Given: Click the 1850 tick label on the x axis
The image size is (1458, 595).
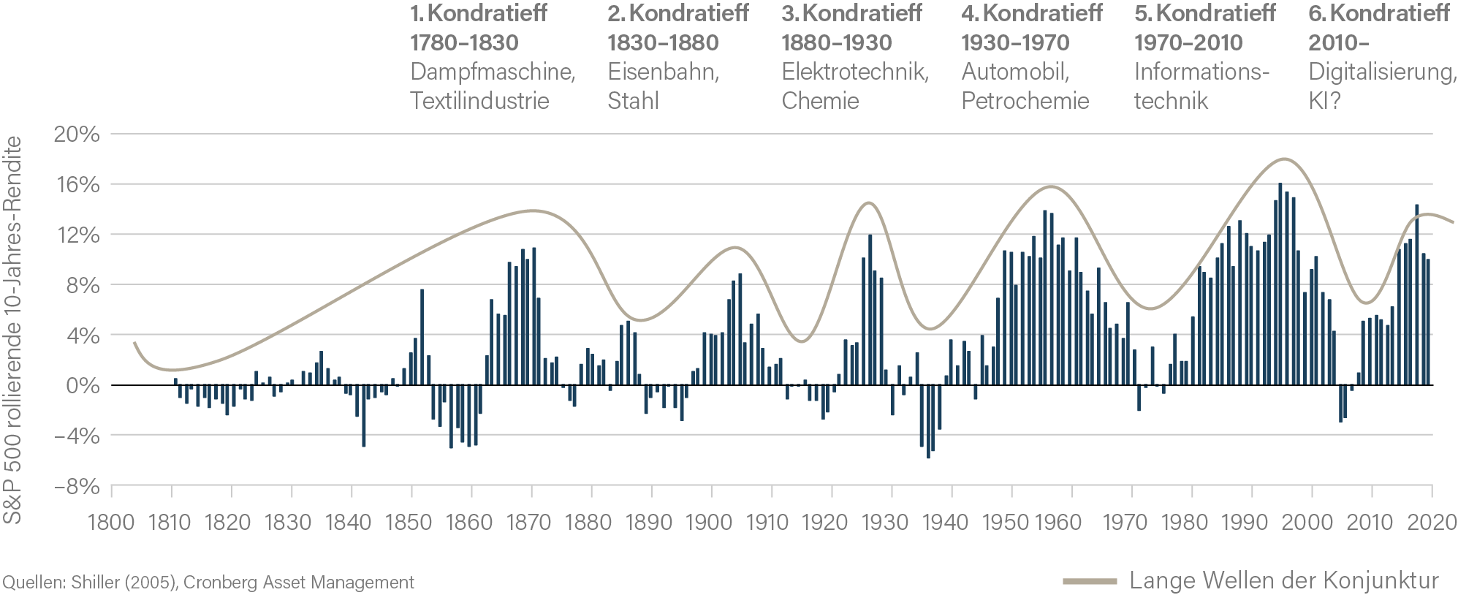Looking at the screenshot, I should point(409,523).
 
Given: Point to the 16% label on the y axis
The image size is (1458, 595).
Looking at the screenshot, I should point(78,184).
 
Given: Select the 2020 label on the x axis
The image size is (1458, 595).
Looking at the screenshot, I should point(1432,523).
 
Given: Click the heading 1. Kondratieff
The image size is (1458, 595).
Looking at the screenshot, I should point(479,13).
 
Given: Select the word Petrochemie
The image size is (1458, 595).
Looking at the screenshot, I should point(1025,101).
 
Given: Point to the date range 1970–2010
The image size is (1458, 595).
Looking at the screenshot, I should point(1188,42).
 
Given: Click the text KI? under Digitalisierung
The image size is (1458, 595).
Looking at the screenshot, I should point(1324,101).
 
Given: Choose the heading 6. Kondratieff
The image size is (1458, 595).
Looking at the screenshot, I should point(1379,13).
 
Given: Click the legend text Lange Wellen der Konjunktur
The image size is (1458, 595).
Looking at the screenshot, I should point(1283,581).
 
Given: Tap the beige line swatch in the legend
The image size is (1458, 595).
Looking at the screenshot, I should point(1090,582).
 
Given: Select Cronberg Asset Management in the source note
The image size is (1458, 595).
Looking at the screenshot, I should point(298,583).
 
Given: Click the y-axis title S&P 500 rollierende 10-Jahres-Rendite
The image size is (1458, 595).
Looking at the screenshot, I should point(12,330).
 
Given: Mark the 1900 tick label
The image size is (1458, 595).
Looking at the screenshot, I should point(709,523).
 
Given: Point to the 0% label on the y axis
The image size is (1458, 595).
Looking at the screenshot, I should point(83,386).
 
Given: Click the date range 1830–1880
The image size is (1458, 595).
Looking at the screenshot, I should point(663,42).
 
